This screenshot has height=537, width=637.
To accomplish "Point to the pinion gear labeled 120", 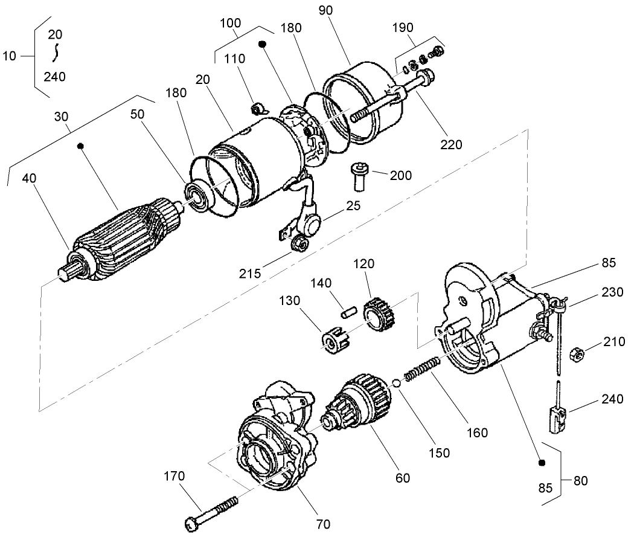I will click(378, 315).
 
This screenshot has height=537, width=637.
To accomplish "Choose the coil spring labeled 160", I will click(420, 368).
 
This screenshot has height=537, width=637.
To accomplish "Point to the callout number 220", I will click(452, 144).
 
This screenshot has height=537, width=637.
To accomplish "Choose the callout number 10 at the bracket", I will click(10, 56).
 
